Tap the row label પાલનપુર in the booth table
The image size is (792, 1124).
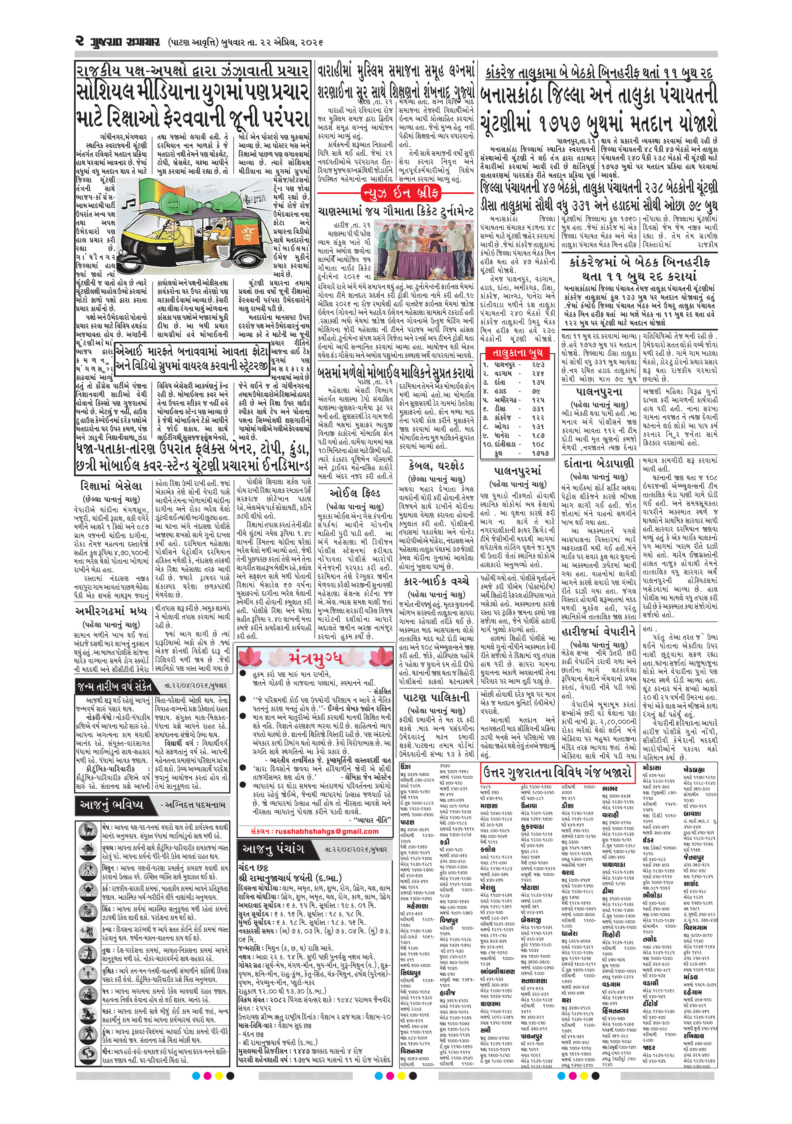click(x=504, y=365)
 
